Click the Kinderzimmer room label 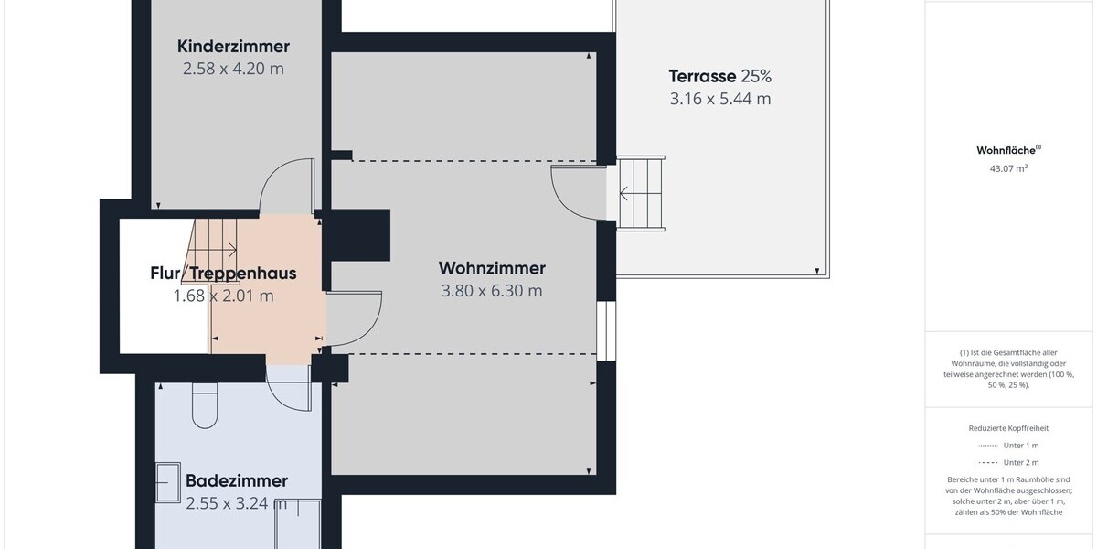point(233,47)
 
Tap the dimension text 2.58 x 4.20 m point(233,69)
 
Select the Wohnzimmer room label point(492,268)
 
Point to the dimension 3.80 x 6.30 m point(492,291)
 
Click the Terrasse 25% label point(719,76)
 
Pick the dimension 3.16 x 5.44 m point(719,99)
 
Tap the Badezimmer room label point(237,480)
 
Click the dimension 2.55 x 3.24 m point(237,502)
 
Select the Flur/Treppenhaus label point(223,274)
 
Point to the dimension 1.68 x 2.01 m point(223,296)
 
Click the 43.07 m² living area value point(1008,168)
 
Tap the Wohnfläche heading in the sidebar point(1008,150)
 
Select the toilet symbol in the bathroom point(205,404)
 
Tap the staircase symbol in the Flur point(215,240)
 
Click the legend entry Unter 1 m point(1008,445)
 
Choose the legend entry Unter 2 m point(1008,462)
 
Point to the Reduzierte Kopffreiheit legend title point(1008,428)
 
